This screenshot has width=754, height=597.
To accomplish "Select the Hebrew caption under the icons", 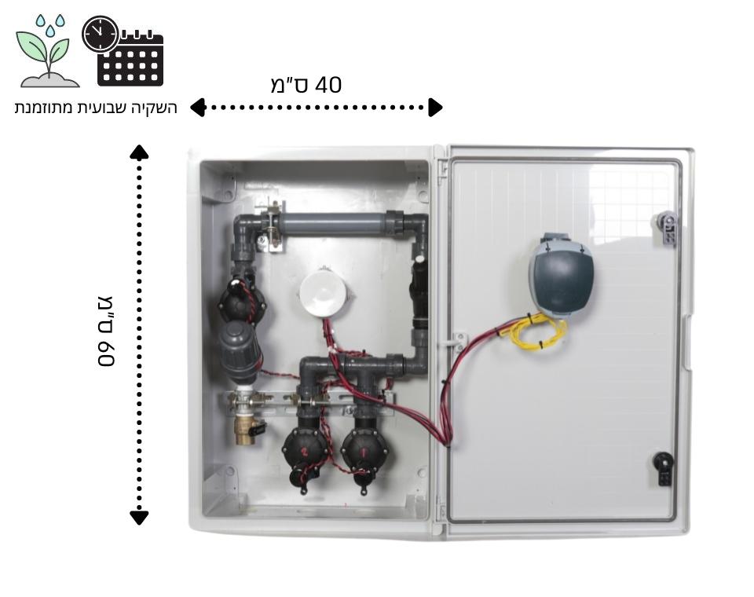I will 96,107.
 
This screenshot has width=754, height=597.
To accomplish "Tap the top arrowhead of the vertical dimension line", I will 139,152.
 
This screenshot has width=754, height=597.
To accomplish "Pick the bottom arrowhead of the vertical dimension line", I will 139,517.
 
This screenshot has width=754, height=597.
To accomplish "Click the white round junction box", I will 324,292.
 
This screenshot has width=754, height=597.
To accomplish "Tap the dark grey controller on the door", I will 560,275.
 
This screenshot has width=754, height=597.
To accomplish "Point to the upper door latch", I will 664,229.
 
